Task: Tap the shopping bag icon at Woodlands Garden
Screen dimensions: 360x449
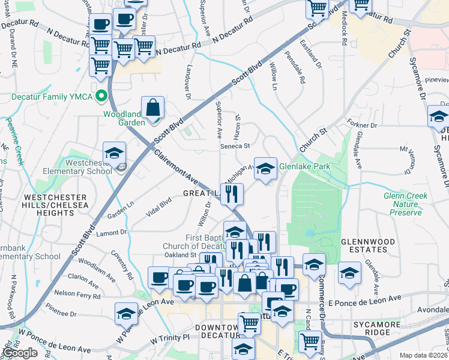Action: (x=153, y=108)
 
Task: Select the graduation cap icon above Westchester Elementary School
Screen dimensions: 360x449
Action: (x=114, y=153)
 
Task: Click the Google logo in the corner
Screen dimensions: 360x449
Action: (x=20, y=353)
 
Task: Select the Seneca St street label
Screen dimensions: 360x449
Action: (x=234, y=146)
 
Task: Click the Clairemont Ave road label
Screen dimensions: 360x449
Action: (x=175, y=166)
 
